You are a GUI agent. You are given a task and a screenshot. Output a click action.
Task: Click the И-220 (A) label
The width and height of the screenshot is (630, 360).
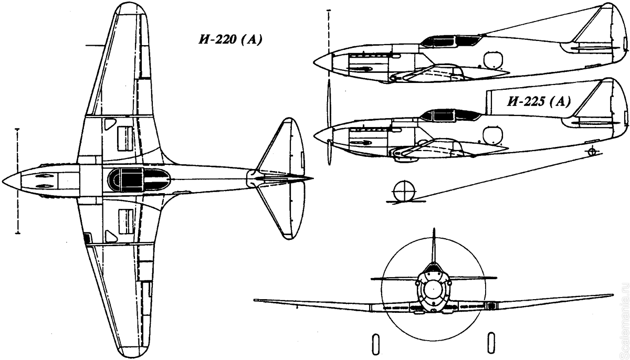pyautogui.click(x=230, y=40)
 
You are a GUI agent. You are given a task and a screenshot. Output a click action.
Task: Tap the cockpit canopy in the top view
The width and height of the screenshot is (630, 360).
pyautogui.click(x=139, y=179)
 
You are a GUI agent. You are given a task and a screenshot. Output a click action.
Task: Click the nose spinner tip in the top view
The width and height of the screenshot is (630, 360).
pyautogui.click(x=3, y=180)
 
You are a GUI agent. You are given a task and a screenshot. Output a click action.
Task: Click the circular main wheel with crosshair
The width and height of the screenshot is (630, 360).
pyautogui.click(x=405, y=192)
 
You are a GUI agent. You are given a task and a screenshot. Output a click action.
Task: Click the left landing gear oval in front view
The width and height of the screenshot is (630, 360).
pyautogui.click(x=375, y=343)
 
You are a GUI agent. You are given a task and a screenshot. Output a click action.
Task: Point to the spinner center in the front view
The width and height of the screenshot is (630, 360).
pyautogui.click(x=434, y=289)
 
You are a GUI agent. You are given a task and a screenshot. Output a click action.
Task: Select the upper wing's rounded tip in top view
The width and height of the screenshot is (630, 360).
pyautogui.click(x=131, y=8)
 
